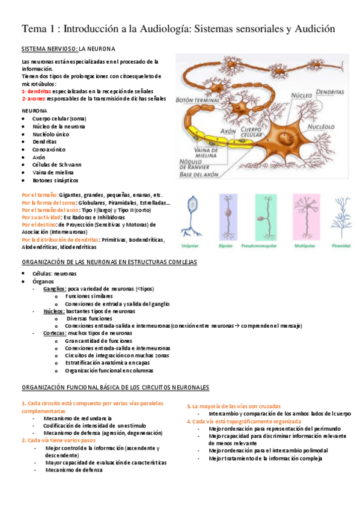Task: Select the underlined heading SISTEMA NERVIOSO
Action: pos(49,48)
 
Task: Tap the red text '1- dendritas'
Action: pos(36,91)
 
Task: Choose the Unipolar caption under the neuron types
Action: pos(192,245)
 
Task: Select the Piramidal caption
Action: pos(340,245)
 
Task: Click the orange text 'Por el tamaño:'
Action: pos(40,195)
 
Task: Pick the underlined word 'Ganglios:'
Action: pos(55,289)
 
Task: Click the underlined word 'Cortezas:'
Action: pos(55,333)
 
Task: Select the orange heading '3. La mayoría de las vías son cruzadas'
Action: pos(233,407)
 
